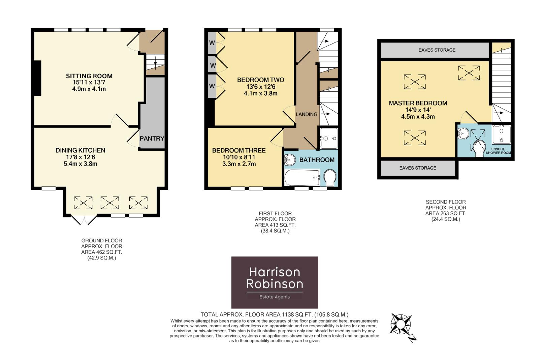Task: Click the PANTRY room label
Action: (152, 138)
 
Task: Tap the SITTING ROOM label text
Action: (89, 76)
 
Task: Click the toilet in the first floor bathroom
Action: (330, 178)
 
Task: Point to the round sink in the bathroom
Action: (290, 159)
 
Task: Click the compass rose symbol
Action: (401, 324)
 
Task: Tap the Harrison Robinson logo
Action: (275, 282)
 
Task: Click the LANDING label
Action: (307, 114)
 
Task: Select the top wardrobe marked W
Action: (212, 43)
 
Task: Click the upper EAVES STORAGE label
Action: (437, 50)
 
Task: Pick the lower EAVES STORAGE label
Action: (418, 168)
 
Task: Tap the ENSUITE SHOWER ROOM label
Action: (498, 151)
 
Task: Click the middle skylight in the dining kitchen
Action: (110, 203)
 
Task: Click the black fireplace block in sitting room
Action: (37, 78)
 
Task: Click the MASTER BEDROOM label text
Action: (418, 103)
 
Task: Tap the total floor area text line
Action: (274, 315)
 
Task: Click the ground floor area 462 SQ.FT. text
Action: (102, 252)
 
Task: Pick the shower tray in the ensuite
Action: (502, 134)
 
